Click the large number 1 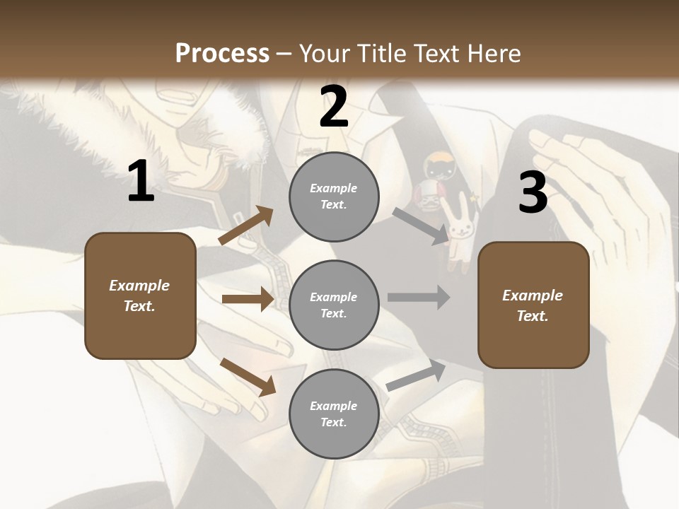click(x=141, y=182)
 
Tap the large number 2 click(x=334, y=106)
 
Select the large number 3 click(x=533, y=193)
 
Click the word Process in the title click(x=222, y=53)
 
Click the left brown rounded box click(x=140, y=296)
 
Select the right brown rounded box click(x=533, y=305)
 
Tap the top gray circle click(x=334, y=197)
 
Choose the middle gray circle click(x=334, y=305)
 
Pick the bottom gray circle click(x=334, y=414)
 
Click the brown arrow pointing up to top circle click(x=246, y=226)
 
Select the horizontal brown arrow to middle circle click(x=248, y=299)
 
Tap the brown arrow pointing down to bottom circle click(x=248, y=377)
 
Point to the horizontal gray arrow click(x=419, y=297)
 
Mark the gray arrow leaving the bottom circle click(x=416, y=375)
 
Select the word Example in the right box click(x=533, y=296)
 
